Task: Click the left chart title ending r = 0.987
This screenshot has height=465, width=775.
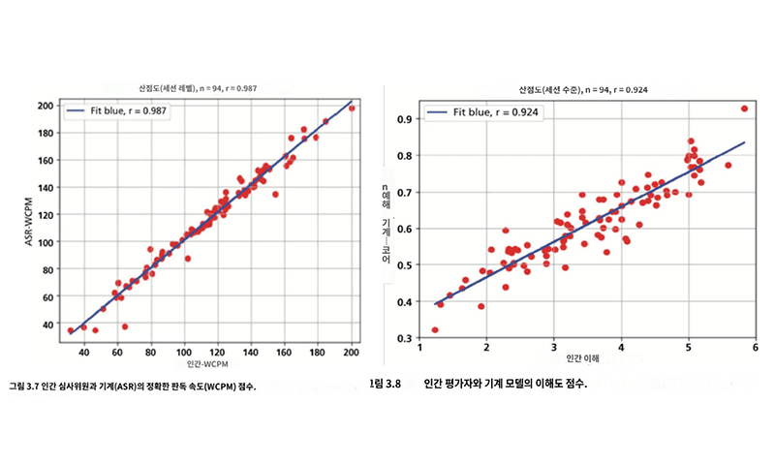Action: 199,88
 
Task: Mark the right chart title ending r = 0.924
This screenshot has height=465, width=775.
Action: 583,89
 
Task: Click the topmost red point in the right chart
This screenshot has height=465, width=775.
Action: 744,108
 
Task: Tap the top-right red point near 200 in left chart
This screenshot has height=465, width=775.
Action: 352,108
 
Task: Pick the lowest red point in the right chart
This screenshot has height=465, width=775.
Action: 435,329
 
